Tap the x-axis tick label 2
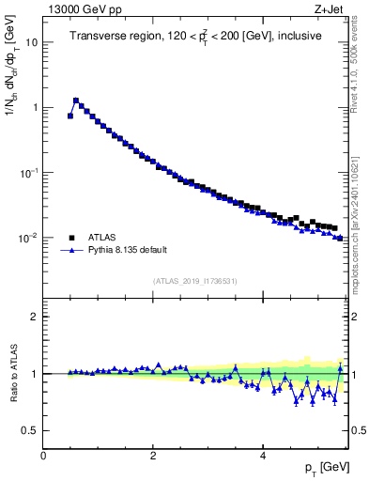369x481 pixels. coord(153,455)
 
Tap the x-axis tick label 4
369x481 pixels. coord(263,455)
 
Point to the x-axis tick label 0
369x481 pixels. coord(43,455)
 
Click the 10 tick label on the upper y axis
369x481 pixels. coord(31,42)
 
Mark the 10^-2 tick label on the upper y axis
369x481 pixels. coord(28,238)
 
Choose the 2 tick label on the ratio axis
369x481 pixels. coord(35,317)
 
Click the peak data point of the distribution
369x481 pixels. coord(76,100)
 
